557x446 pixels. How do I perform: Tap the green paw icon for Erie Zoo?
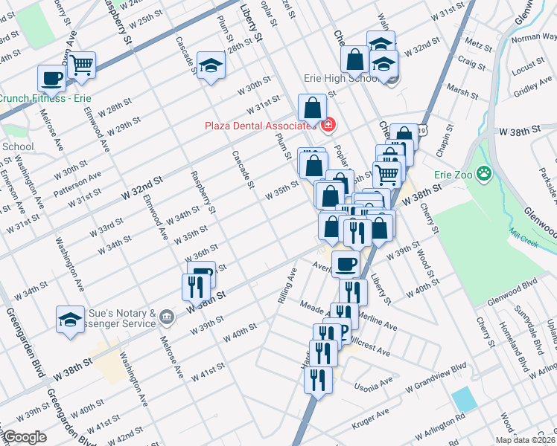484,174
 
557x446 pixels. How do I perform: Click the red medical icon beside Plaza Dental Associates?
328,126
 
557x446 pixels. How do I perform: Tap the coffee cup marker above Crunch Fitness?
52,77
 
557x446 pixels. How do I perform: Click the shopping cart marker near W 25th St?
82,64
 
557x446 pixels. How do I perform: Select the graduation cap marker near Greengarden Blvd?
70,320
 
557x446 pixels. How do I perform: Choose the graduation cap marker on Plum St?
211,65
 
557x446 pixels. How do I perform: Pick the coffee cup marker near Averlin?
345,263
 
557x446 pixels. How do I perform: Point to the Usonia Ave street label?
374,384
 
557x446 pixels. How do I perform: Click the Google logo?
24,437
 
